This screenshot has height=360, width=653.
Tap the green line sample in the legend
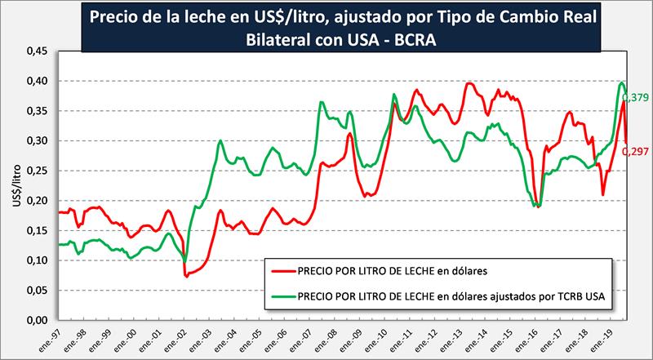282,297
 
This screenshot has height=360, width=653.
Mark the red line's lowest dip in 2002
187,277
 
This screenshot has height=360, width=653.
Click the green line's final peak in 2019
622,82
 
